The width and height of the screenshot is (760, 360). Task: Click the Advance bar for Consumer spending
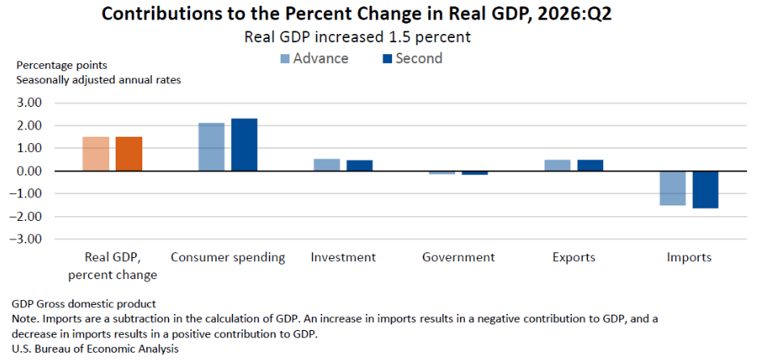211,147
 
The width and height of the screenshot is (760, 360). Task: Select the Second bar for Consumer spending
244,145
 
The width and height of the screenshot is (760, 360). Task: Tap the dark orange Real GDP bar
129,154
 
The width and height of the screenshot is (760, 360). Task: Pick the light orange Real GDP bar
96,154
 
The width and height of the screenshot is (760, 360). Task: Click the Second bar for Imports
705,189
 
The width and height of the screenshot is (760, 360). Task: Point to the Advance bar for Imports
673,188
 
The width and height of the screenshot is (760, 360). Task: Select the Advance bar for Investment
327,165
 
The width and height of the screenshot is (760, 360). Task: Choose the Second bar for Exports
590,166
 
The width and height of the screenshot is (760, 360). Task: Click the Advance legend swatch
285,59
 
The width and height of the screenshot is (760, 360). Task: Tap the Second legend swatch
386,59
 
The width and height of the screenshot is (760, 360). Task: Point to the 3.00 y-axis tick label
30,103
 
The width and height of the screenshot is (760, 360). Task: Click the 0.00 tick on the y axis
30,172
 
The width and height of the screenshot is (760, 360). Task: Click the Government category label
458,257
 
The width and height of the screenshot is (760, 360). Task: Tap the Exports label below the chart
574,257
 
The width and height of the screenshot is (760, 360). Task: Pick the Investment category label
343,257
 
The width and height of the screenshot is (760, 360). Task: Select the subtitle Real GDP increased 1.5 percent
357,37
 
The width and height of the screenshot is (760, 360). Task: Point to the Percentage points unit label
62,65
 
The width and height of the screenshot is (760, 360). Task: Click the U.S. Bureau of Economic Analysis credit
95,349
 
